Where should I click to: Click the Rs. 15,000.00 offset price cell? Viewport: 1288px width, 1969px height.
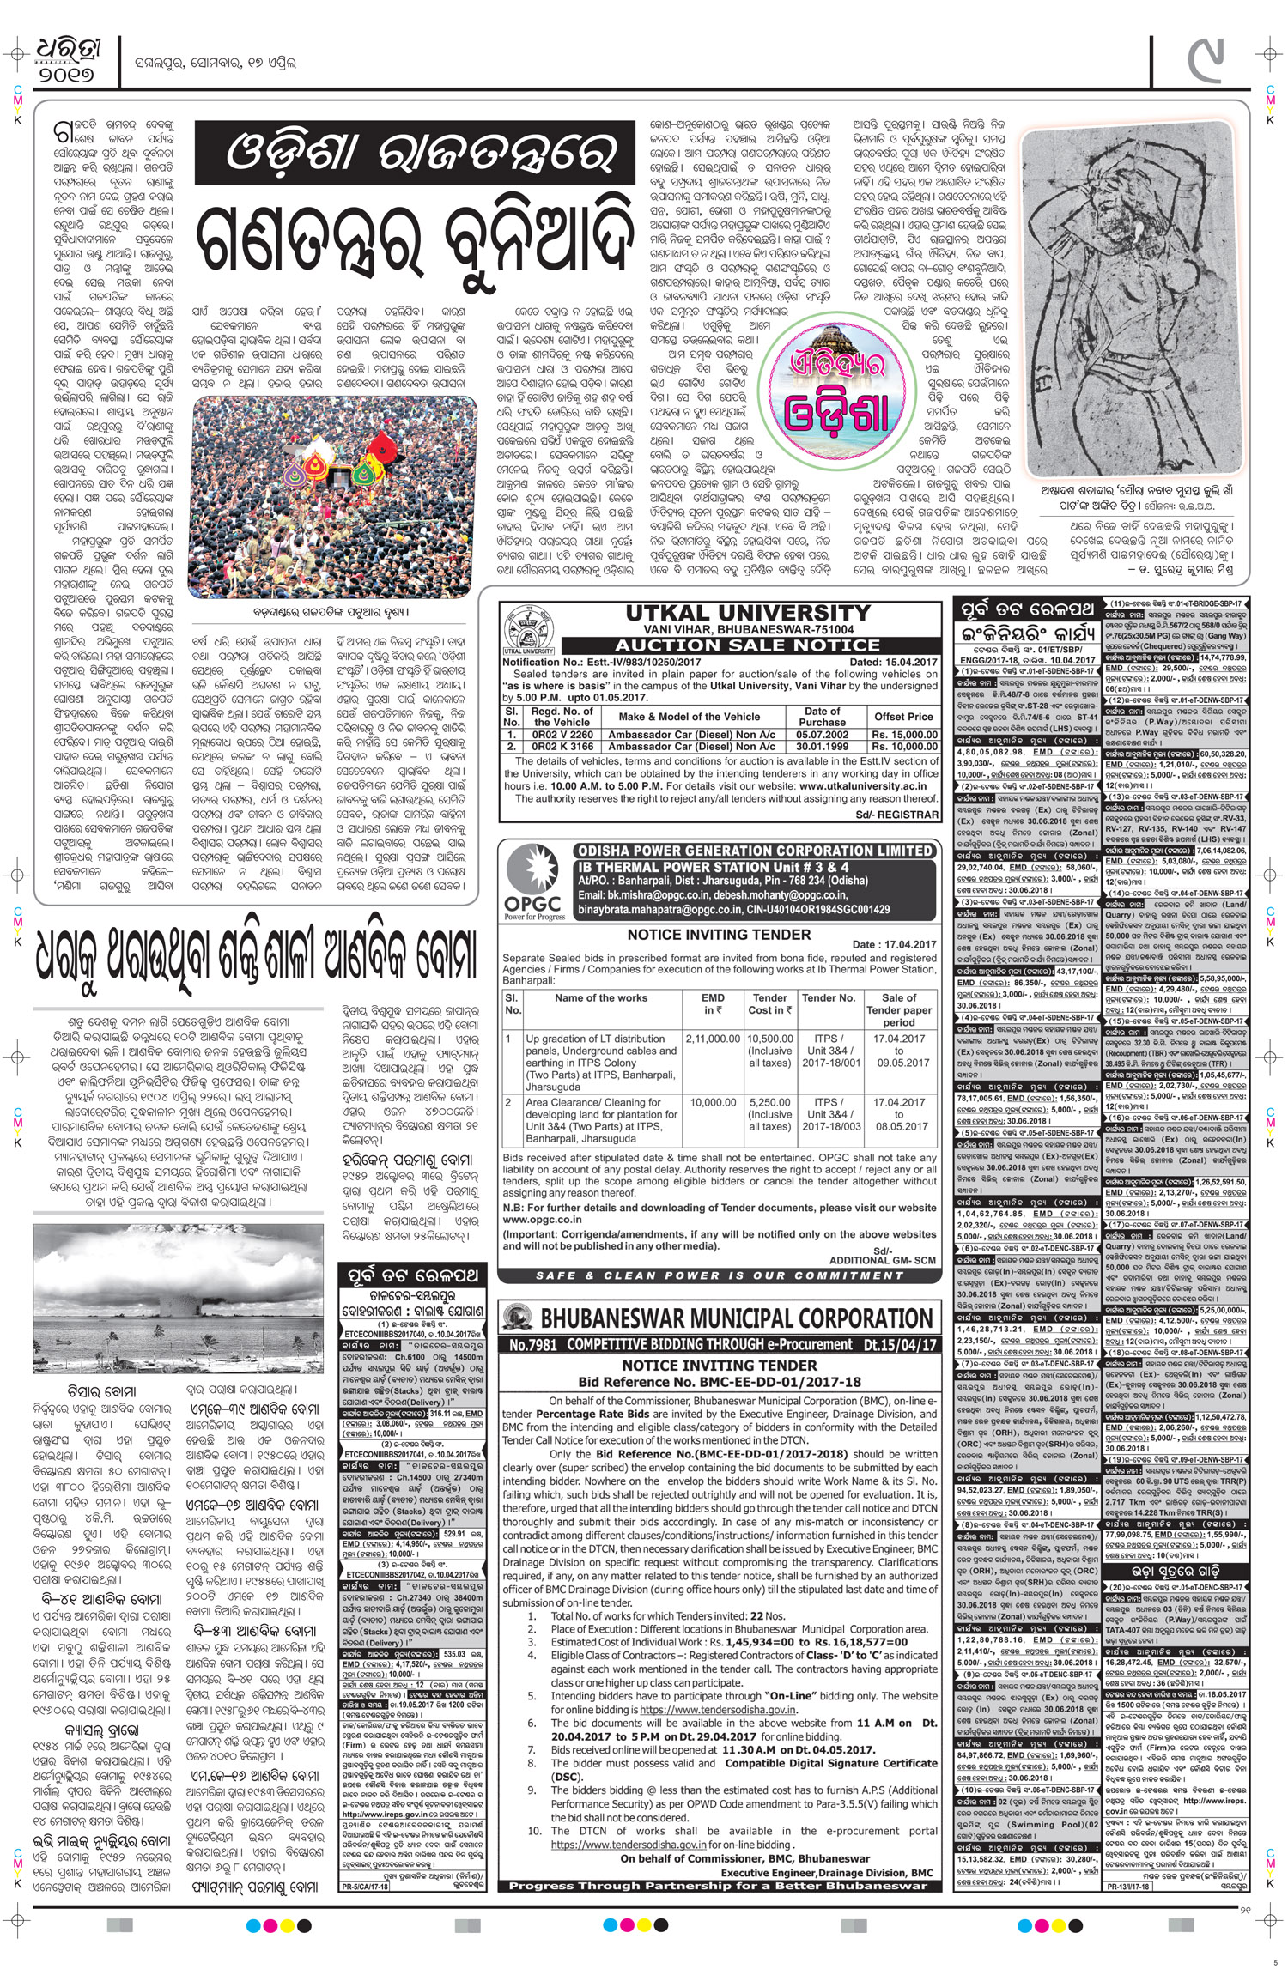[x=903, y=735]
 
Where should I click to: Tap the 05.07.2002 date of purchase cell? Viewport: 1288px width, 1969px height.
[x=822, y=735]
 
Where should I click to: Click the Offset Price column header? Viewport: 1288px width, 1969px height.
[x=903, y=716]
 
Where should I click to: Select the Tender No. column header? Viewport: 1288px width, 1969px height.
[x=828, y=997]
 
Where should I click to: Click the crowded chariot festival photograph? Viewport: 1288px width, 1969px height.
[x=331, y=497]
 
